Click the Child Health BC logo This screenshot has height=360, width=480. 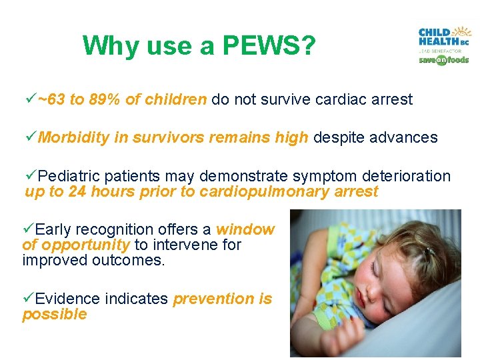(x=443, y=38)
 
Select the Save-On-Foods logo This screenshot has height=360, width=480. (x=443, y=59)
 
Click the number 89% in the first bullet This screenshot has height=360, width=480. (x=105, y=100)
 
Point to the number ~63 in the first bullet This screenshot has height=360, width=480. (x=51, y=100)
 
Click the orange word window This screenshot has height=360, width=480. (x=245, y=229)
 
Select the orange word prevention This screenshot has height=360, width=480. (x=213, y=299)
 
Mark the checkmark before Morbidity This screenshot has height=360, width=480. (x=29, y=138)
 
